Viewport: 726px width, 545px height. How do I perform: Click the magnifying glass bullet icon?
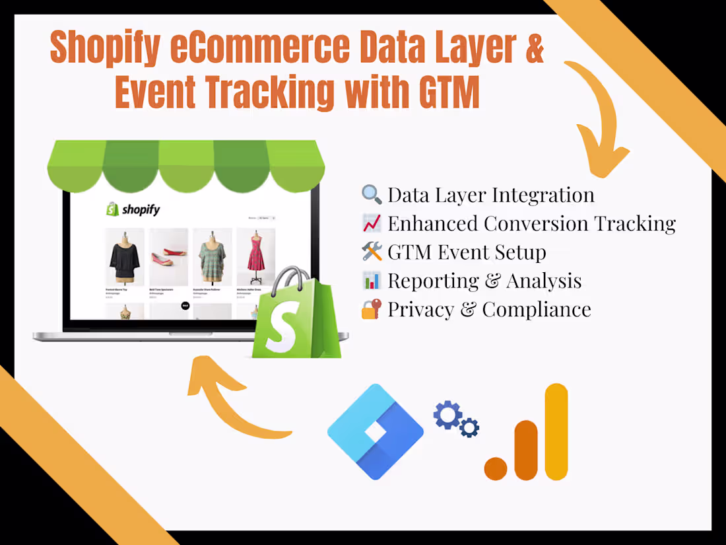(x=372, y=194)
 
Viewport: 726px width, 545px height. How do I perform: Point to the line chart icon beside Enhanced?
(x=372, y=223)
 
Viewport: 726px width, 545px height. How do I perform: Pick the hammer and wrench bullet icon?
(x=372, y=252)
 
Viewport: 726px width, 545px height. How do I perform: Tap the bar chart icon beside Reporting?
(x=372, y=280)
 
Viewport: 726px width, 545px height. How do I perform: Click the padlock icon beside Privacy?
(x=372, y=309)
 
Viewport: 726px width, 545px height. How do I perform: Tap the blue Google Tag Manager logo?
(x=375, y=431)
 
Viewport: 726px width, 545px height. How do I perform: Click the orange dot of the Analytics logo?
(x=496, y=468)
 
